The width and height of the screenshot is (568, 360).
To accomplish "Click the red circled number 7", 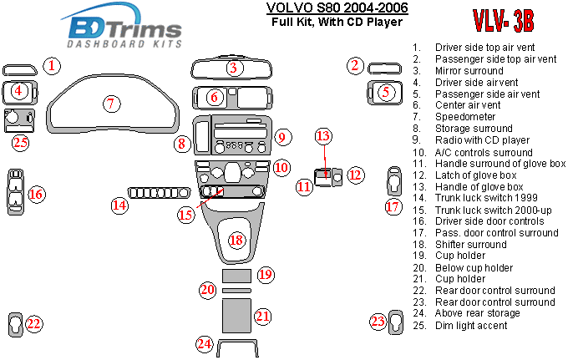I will point(110,104).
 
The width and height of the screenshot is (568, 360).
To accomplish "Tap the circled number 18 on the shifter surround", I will point(237,241).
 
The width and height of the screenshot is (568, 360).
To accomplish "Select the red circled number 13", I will point(323,136).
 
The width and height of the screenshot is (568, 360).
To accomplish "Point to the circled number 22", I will point(33,323).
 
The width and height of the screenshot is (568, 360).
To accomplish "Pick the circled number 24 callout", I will point(204,343).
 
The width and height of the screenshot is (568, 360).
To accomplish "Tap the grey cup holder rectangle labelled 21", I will point(238,315).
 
